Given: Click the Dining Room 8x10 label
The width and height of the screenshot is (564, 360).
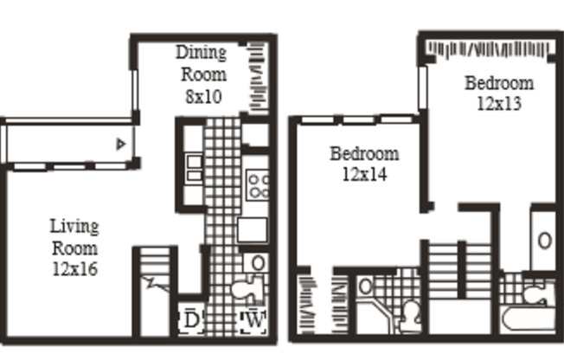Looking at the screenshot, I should pos(202,74).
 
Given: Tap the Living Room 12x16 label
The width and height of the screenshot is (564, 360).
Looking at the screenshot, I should pos(74,247).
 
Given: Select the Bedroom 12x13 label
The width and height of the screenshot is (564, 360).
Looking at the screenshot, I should pos(499,93).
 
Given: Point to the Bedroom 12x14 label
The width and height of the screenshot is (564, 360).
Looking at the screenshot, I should pos(364,164).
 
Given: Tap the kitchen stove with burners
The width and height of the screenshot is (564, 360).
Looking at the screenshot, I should pos(257,184).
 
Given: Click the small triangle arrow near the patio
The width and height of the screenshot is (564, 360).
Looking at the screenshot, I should pos(122,144).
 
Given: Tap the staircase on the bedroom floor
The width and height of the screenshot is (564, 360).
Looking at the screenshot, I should pos(458,268).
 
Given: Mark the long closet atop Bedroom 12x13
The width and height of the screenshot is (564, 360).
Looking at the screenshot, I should pos(489,48).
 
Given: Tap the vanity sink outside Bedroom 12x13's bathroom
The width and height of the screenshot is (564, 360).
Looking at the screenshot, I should pos(543,240).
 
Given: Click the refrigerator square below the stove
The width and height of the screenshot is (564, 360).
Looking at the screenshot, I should pos(252,229).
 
